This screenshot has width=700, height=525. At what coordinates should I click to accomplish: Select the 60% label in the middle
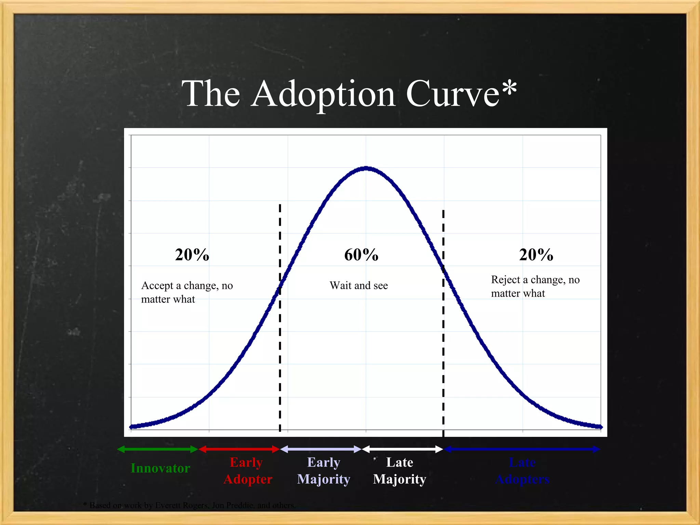(x=361, y=255)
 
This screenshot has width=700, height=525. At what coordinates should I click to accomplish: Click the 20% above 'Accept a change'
(x=192, y=255)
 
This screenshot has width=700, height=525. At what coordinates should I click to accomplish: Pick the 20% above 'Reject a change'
(x=536, y=255)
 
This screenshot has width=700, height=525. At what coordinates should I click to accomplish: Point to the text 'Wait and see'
(x=359, y=285)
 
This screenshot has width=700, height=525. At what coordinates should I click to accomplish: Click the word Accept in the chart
(x=157, y=285)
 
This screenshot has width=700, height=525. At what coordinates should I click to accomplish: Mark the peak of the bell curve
(x=366, y=168)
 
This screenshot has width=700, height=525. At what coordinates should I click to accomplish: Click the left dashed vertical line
(x=280, y=342)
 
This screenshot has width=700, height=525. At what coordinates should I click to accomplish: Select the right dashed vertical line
(x=443, y=342)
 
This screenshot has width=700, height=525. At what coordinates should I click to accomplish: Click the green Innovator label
(x=160, y=468)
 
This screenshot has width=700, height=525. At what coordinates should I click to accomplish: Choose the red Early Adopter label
(x=247, y=471)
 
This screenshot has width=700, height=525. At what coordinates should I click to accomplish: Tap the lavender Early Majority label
(x=324, y=471)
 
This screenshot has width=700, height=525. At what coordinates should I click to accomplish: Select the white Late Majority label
(x=400, y=471)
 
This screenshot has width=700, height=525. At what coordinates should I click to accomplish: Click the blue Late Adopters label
(x=522, y=471)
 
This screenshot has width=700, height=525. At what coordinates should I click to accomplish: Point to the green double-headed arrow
(x=158, y=449)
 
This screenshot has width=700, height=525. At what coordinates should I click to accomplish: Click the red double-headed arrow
(x=239, y=449)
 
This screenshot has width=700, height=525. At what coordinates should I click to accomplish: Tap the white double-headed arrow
(x=403, y=449)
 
